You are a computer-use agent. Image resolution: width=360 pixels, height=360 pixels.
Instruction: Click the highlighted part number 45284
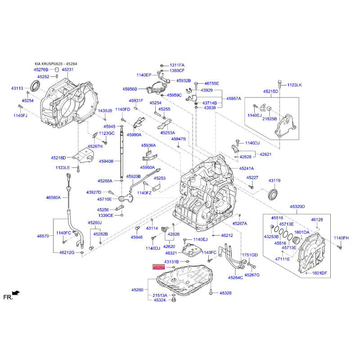click(x=159, y=267)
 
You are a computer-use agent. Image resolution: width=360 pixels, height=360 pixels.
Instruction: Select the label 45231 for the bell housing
click(x=68, y=70)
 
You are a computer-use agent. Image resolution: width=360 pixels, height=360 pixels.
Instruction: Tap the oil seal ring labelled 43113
click(x=35, y=85)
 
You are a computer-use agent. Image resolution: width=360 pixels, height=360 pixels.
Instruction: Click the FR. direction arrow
click(x=16, y=293)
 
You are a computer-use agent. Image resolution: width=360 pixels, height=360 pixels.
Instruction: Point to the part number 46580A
click(x=53, y=198)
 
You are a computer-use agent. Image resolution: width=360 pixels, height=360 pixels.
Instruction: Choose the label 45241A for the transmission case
click(x=246, y=168)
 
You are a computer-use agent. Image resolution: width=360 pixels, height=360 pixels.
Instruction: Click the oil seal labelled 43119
click(x=273, y=194)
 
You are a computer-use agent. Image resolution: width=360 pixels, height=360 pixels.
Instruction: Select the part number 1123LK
click(x=295, y=85)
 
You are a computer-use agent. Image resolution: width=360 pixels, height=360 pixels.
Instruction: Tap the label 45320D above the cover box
click(x=297, y=207)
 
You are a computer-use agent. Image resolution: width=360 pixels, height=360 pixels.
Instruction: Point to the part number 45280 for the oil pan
click(x=137, y=290)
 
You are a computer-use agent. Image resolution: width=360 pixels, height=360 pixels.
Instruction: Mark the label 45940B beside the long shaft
click(x=106, y=161)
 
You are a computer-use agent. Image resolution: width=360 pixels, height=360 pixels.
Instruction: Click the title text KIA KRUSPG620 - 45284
click(x=56, y=64)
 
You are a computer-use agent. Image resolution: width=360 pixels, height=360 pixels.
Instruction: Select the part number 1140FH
click(x=341, y=238)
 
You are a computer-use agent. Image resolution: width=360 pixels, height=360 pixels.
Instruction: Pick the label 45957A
click(x=234, y=99)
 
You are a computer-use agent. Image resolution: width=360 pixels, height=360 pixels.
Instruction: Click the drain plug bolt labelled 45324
click(x=174, y=299)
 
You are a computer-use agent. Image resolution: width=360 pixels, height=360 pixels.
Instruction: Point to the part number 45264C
click(x=235, y=278)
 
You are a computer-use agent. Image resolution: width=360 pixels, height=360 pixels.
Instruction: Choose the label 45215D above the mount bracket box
click(x=271, y=91)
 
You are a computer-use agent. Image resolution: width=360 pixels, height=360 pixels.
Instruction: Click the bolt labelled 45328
click(x=211, y=293)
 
